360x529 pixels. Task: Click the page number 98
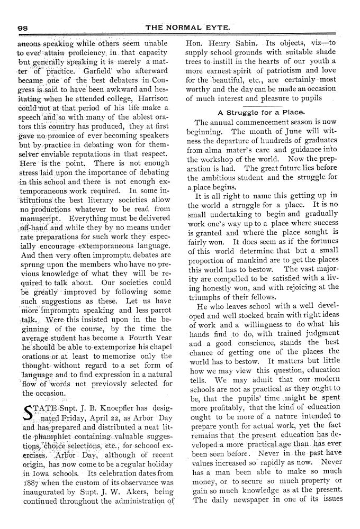click(22, 28)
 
